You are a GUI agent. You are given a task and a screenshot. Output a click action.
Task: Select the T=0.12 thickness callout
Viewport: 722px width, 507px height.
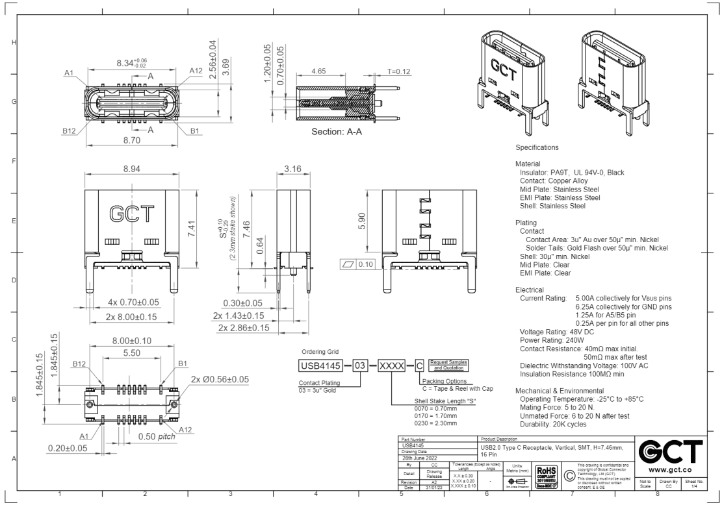pos(399,71)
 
